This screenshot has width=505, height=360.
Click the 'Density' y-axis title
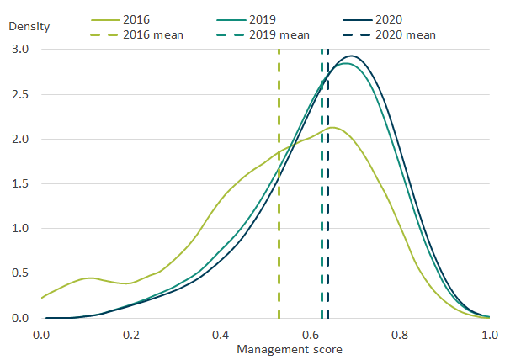(29, 25)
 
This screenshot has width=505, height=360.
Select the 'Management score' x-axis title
(265, 348)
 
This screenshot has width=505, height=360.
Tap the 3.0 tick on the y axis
(19, 50)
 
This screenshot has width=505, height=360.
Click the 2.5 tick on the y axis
(19, 94)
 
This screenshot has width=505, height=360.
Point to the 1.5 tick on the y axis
(19, 184)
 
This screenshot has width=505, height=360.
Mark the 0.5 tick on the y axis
(19, 273)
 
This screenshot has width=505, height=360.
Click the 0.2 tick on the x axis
(130, 333)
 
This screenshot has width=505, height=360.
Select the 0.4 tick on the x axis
(221, 333)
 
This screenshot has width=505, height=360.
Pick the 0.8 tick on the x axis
(400, 333)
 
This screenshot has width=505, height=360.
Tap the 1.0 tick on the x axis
(489, 333)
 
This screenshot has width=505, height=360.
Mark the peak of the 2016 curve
(333, 128)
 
